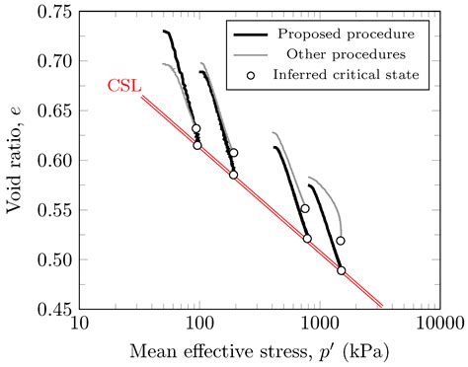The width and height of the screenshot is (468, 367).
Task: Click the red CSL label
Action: click(123, 86)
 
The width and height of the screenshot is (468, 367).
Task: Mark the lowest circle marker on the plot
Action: click(342, 270)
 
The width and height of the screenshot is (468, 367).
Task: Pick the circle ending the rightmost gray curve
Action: click(341, 240)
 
